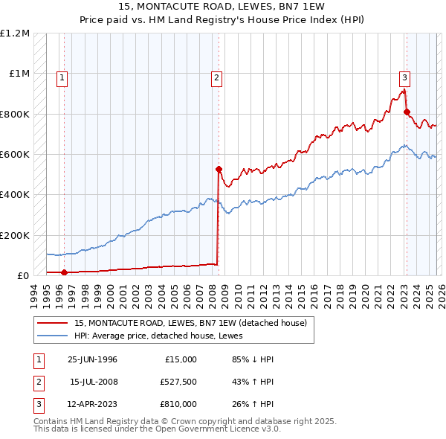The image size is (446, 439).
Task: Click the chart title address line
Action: pyautogui.click(x=222, y=7)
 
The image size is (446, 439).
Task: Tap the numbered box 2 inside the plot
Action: pyautogui.click(x=216, y=77)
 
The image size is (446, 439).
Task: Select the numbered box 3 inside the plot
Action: pyautogui.click(x=404, y=77)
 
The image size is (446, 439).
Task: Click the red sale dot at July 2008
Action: pyautogui.click(x=219, y=169)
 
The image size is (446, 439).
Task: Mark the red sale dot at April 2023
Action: pyautogui.click(x=407, y=112)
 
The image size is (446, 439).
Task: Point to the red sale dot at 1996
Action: pyautogui.click(x=64, y=272)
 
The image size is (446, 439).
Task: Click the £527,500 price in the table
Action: pyautogui.click(x=178, y=382)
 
